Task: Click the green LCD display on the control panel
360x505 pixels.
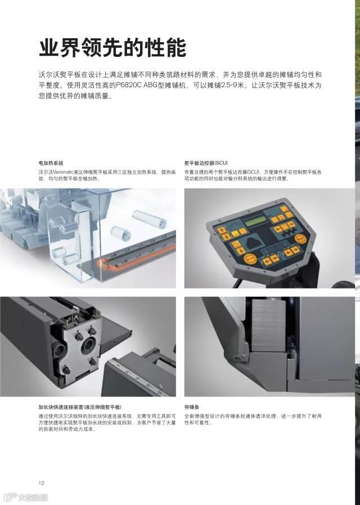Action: (255, 221)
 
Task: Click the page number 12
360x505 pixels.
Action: (41, 483)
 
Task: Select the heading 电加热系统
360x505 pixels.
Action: (51, 163)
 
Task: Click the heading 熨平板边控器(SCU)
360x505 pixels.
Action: (206, 163)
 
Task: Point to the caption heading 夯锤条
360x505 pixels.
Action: (192, 407)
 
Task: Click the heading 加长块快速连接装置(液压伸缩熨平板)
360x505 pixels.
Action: (80, 407)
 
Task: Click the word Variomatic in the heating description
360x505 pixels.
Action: (63, 172)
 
